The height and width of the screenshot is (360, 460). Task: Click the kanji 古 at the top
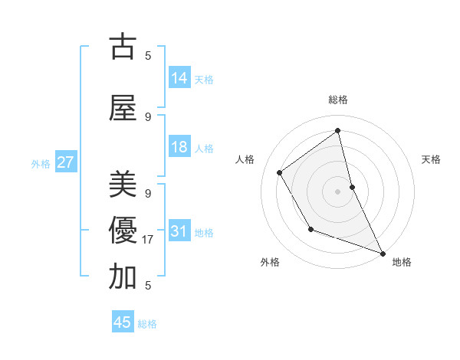pyautogui.click(x=123, y=47)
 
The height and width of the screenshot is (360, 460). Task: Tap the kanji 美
pyautogui.click(x=123, y=185)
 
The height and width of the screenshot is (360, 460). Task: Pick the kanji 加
pyautogui.click(x=123, y=277)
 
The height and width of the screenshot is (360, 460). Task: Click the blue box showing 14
pyautogui.click(x=179, y=78)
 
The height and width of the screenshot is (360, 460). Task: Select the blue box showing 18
pyautogui.click(x=179, y=147)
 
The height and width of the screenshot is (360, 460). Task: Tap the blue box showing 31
pyautogui.click(x=179, y=231)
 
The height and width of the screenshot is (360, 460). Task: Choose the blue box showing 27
pyautogui.click(x=66, y=162)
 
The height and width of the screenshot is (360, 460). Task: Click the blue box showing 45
pyautogui.click(x=123, y=322)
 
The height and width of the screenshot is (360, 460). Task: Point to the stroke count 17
pyautogui.click(x=149, y=240)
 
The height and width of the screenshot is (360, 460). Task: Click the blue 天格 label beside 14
pyautogui.click(x=204, y=79)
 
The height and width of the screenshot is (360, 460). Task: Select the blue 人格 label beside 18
pyautogui.click(x=204, y=148)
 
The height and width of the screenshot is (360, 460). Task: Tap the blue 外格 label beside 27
pyautogui.click(x=41, y=163)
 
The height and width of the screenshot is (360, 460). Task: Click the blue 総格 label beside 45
pyautogui.click(x=147, y=323)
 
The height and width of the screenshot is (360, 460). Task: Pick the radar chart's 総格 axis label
pyautogui.click(x=338, y=100)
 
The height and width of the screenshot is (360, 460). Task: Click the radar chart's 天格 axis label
pyautogui.click(x=432, y=159)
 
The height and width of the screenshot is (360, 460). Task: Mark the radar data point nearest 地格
pyautogui.click(x=383, y=254)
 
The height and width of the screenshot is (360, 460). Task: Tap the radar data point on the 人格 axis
pyautogui.click(x=280, y=173)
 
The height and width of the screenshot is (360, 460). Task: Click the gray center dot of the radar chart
pyautogui.click(x=338, y=191)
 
